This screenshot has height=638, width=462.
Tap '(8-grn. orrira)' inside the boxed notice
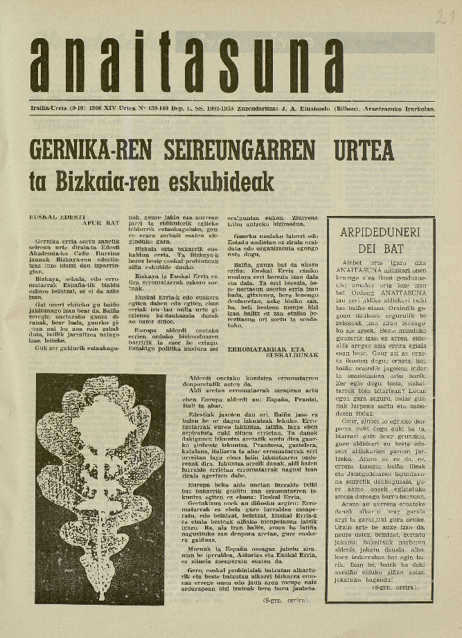click(x=405, y=586)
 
